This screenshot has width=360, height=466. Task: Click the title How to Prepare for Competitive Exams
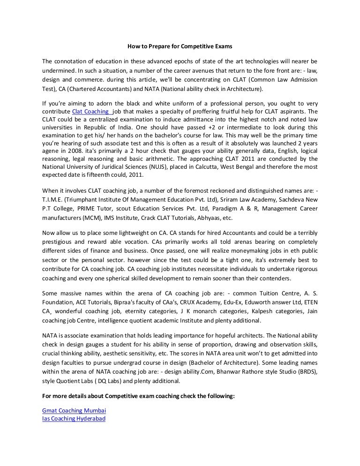pyautogui.click(x=180, y=47)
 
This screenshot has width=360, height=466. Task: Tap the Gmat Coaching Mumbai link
pyautogui.click(x=74, y=410)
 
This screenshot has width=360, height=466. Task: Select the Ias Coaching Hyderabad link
pyautogui.click(x=74, y=418)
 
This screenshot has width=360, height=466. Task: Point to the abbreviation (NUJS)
pyautogui.click(x=173, y=167)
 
